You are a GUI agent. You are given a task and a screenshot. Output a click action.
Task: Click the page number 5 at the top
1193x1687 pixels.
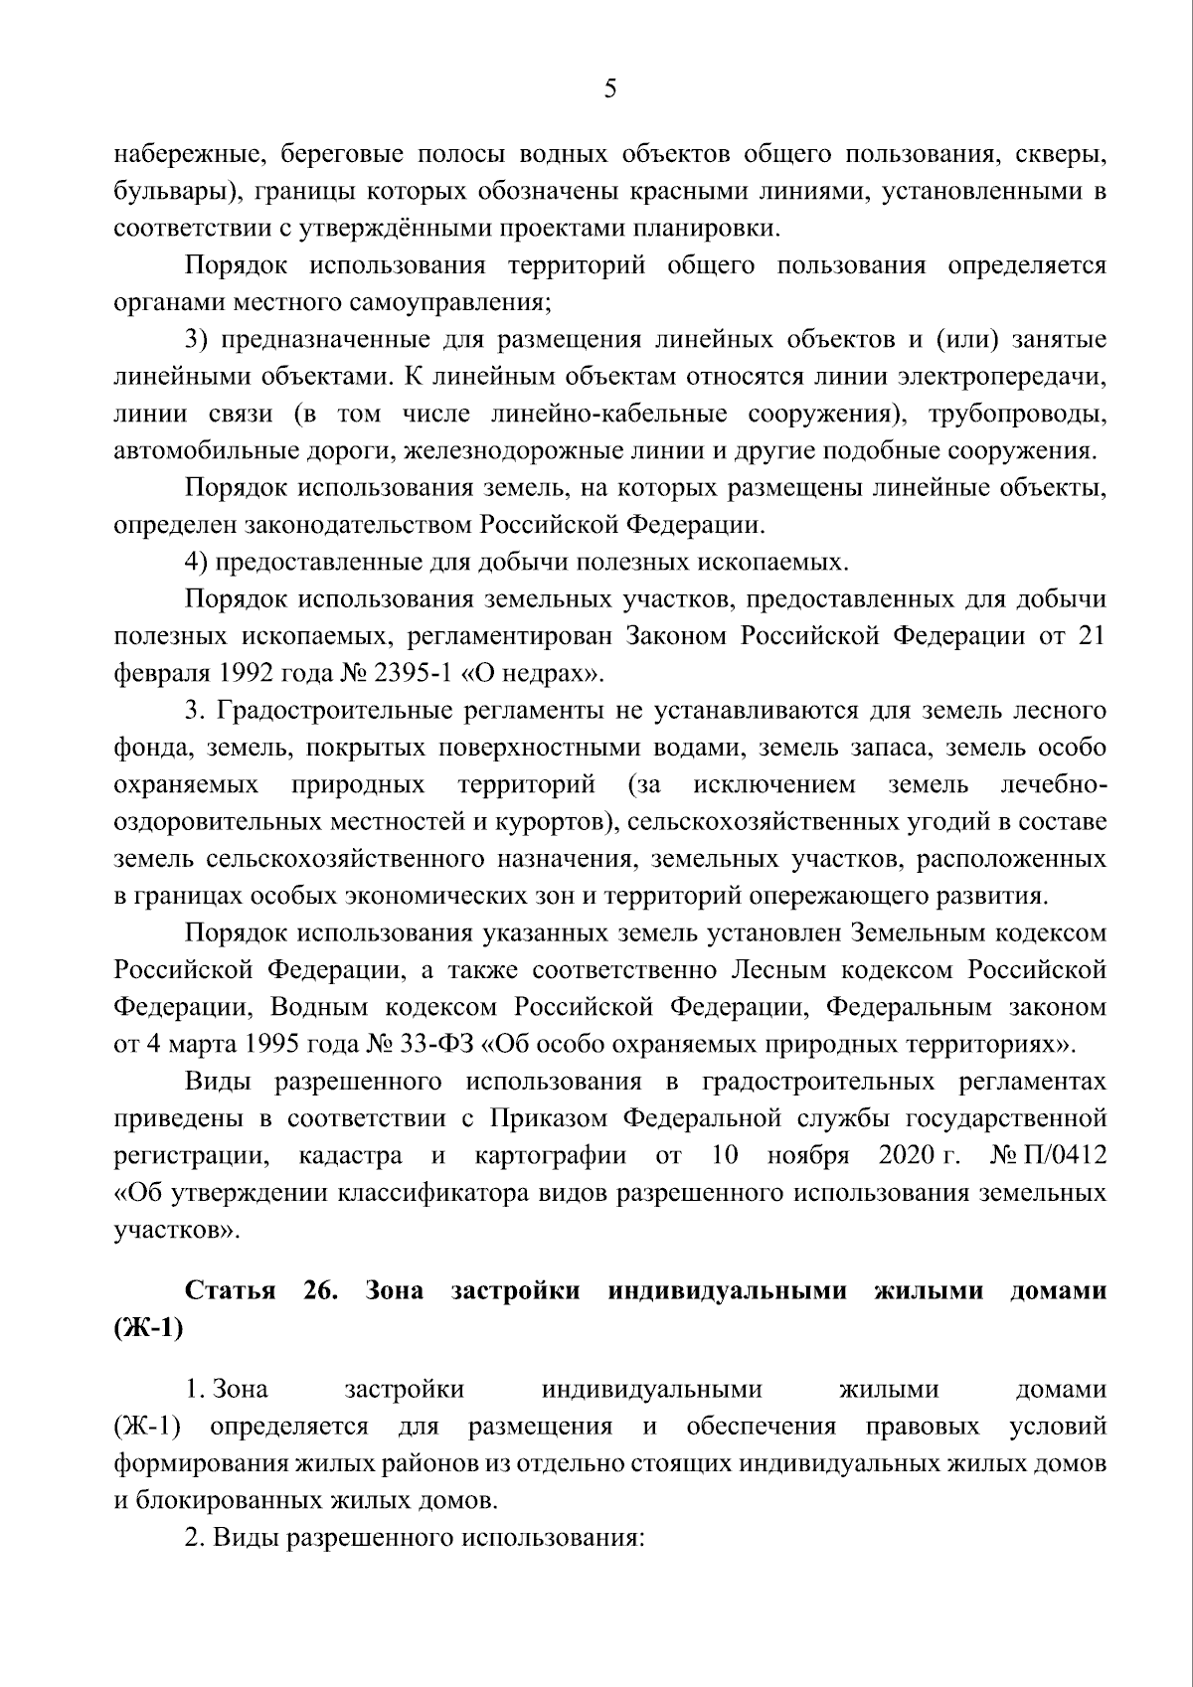click(609, 89)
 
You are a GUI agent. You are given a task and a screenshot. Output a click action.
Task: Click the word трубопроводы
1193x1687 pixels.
click(1017, 414)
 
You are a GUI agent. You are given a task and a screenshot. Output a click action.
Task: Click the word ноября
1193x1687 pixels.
click(808, 1155)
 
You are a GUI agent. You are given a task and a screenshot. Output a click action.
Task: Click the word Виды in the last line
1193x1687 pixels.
click(233, 1538)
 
